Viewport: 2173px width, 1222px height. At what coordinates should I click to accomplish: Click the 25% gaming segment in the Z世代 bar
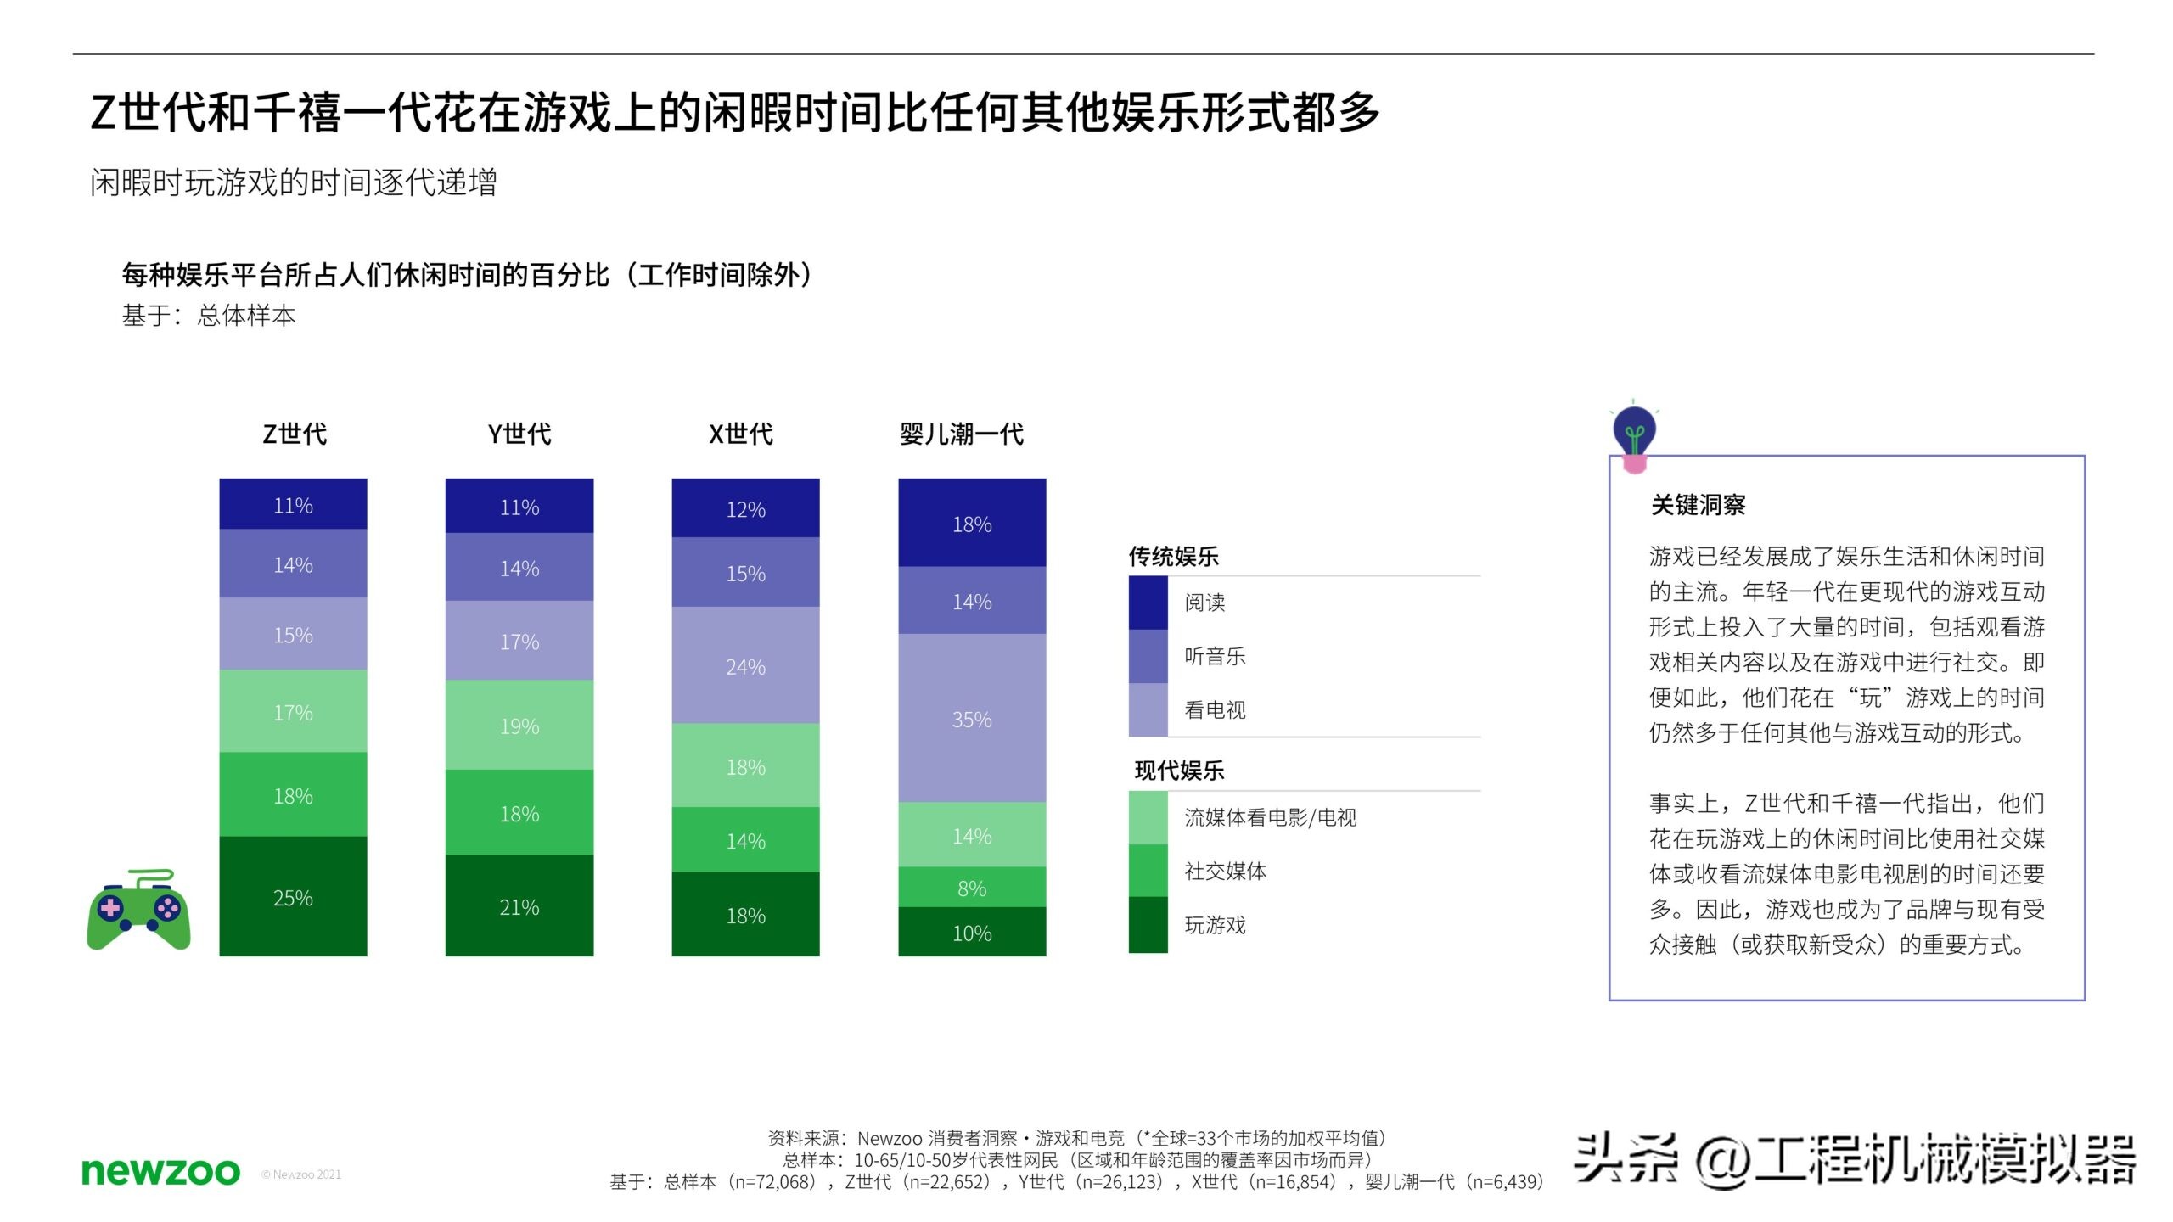click(293, 897)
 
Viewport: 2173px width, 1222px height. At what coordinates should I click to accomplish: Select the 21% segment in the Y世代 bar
click(519, 906)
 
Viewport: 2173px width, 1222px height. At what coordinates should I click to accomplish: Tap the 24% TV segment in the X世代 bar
click(745, 666)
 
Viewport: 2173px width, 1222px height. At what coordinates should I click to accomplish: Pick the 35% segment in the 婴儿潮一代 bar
click(972, 719)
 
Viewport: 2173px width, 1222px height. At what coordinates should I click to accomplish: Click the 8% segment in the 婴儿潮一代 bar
click(972, 888)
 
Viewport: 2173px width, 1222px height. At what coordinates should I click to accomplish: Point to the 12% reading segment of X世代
click(745, 508)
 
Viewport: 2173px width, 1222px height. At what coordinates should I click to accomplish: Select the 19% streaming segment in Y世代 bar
click(519, 726)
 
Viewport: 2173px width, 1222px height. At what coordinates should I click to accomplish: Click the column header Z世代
click(294, 434)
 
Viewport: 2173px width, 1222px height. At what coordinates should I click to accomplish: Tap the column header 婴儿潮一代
click(962, 434)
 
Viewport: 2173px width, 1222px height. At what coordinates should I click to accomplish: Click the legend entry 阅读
click(1204, 603)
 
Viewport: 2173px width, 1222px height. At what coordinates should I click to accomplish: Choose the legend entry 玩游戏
click(1215, 925)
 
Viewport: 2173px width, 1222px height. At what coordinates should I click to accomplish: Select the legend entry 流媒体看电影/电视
click(1270, 817)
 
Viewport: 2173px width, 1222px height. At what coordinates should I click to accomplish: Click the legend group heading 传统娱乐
click(1173, 557)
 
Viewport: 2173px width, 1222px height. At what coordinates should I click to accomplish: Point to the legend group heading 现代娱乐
click(1179, 771)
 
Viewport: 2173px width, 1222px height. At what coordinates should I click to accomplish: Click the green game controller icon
click(139, 910)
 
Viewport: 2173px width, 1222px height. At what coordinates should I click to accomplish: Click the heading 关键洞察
click(1698, 505)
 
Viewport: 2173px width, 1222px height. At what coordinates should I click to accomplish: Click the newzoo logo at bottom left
click(160, 1172)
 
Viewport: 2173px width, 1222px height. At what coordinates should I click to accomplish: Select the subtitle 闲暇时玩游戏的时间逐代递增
click(293, 182)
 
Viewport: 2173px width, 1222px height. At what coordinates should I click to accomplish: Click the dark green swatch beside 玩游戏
click(1148, 925)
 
